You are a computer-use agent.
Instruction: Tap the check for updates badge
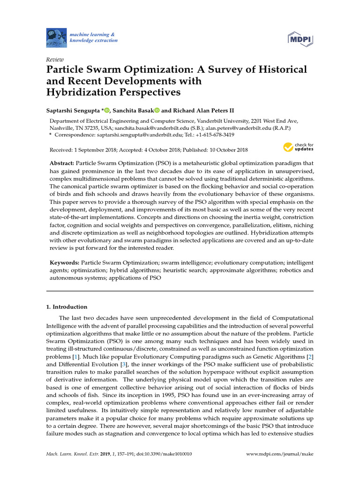coord(298,147)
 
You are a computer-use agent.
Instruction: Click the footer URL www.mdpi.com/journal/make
coord(280,454)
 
